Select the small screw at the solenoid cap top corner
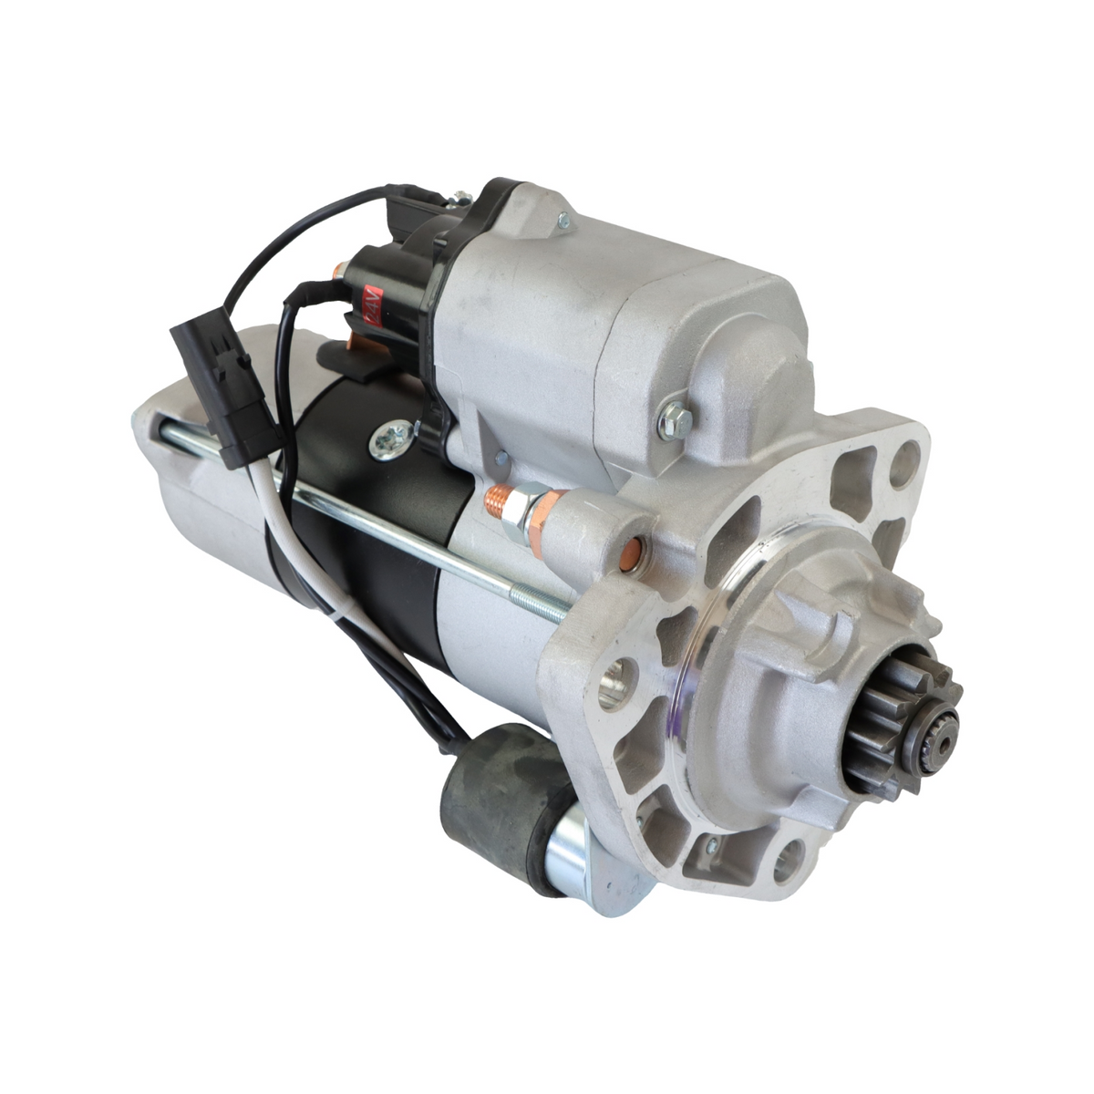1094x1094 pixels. click(562, 219)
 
